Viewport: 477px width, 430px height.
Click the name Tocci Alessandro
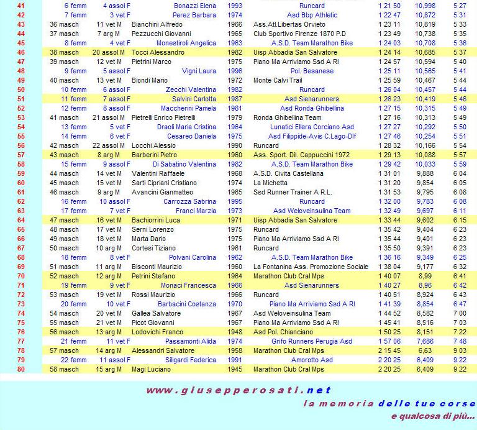pyautogui.click(x=158, y=53)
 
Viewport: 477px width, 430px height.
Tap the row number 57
pyautogui.click(x=20, y=155)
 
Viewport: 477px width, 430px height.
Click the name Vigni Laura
pyautogui.click(x=199, y=71)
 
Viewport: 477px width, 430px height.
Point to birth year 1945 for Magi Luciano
pyautogui.click(x=235, y=369)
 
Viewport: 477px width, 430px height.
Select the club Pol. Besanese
pyautogui.click(x=312, y=71)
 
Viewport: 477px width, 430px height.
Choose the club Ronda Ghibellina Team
pyautogui.click(x=287, y=117)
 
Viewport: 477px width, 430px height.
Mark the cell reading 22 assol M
pyautogui.click(x=110, y=145)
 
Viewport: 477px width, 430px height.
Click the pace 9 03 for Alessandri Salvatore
pyautogui.click(x=460, y=350)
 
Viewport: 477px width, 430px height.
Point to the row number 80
pyautogui.click(x=20, y=369)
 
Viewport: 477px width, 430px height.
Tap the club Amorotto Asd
pyautogui.click(x=312, y=360)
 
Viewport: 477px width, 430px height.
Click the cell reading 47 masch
pyautogui.click(x=65, y=220)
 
